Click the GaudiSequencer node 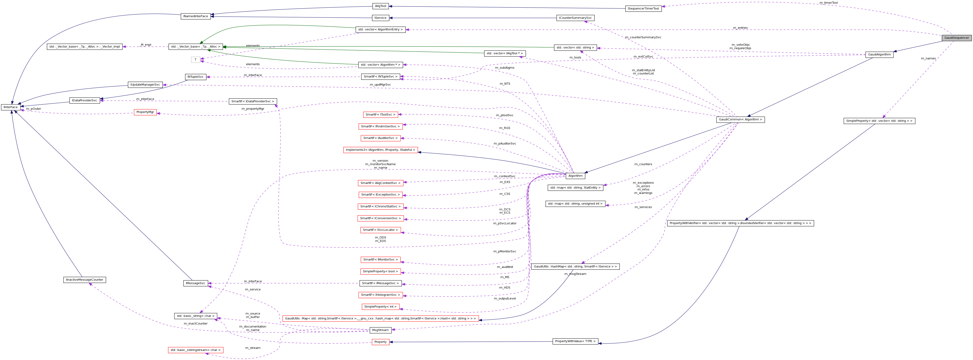956,38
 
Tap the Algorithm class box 575,176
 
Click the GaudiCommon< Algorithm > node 740,120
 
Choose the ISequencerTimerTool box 643,9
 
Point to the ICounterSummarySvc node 575,18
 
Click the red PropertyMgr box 145,112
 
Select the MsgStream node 380,330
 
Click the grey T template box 195,60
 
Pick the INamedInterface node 195,16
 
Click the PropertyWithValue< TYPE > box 575,341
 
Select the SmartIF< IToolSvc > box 380,114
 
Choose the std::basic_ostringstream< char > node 195,350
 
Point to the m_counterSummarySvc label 643,37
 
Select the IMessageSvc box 195,283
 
